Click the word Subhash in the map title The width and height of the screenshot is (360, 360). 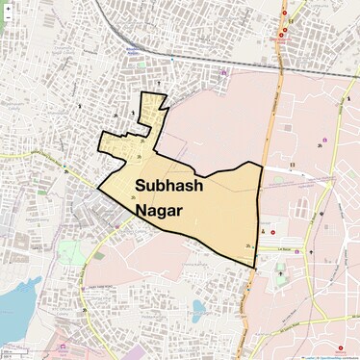tap(168, 186)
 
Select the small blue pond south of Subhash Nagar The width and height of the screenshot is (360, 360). tap(198, 307)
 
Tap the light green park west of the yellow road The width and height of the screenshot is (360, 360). tap(71, 253)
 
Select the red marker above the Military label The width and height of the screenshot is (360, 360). tap(339, 348)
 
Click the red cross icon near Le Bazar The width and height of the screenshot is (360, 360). tap(272, 232)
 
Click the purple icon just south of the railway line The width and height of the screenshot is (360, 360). tap(224, 71)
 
